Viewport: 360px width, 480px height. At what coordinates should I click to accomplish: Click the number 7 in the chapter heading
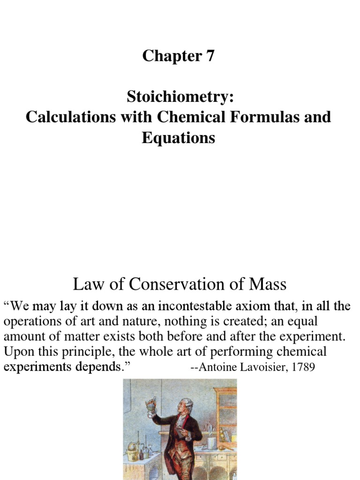click(x=209, y=56)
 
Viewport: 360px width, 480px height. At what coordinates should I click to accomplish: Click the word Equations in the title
click(x=179, y=138)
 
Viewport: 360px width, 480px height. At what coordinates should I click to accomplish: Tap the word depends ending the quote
click(x=97, y=367)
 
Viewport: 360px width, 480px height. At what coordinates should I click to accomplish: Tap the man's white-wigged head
click(x=186, y=405)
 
